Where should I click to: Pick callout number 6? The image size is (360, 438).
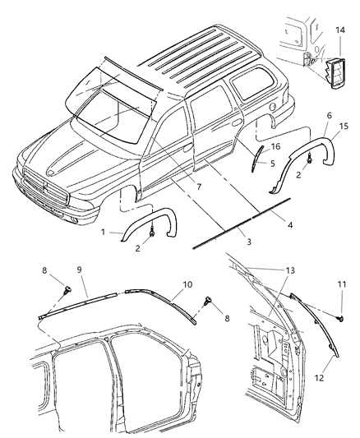pyautogui.click(x=328, y=117)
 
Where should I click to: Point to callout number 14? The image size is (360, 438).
pyautogui.click(x=339, y=29)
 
